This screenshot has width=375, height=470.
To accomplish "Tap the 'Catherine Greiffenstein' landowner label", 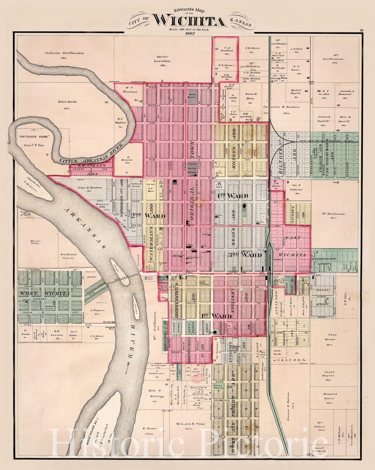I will click(x=65, y=53).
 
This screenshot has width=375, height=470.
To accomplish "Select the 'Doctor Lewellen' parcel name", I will click(x=163, y=59).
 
